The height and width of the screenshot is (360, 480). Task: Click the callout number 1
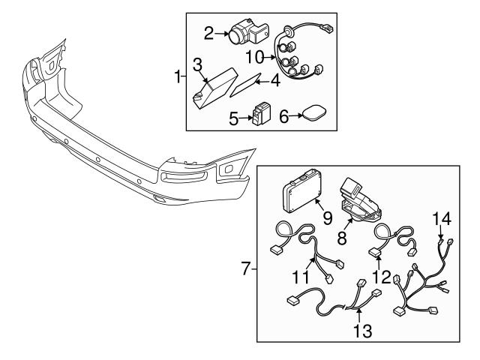click(178, 76)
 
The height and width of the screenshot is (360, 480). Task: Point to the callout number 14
click(442, 219)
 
